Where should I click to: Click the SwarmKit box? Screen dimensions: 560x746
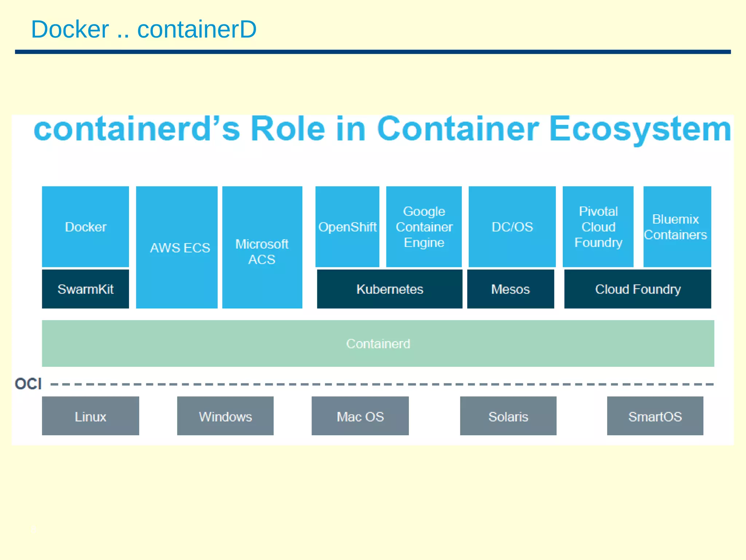[x=85, y=289]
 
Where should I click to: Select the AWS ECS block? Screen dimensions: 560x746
[x=177, y=247]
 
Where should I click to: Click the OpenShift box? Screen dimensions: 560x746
[x=347, y=227]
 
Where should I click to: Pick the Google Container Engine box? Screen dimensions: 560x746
[x=424, y=227]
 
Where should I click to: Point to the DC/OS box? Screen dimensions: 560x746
[x=512, y=227]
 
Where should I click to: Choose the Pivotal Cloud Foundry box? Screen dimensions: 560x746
[x=598, y=227]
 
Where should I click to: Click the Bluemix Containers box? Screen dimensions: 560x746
[x=677, y=227]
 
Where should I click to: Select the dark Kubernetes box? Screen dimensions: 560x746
[x=389, y=289]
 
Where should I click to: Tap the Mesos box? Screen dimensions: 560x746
[x=510, y=289]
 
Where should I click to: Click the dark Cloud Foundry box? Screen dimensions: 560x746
[x=637, y=289]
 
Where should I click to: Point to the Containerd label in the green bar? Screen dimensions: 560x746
[x=378, y=343]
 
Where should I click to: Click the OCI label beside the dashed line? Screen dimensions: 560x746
[x=28, y=384]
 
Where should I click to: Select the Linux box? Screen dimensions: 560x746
[x=90, y=416]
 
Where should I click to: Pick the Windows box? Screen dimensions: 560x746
[x=225, y=416]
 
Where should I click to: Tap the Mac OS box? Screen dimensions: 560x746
[x=360, y=416]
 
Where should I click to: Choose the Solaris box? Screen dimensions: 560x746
[x=508, y=416]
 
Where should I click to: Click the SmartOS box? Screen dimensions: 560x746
[x=655, y=416]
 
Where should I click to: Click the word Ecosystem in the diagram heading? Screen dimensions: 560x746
[x=640, y=129]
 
